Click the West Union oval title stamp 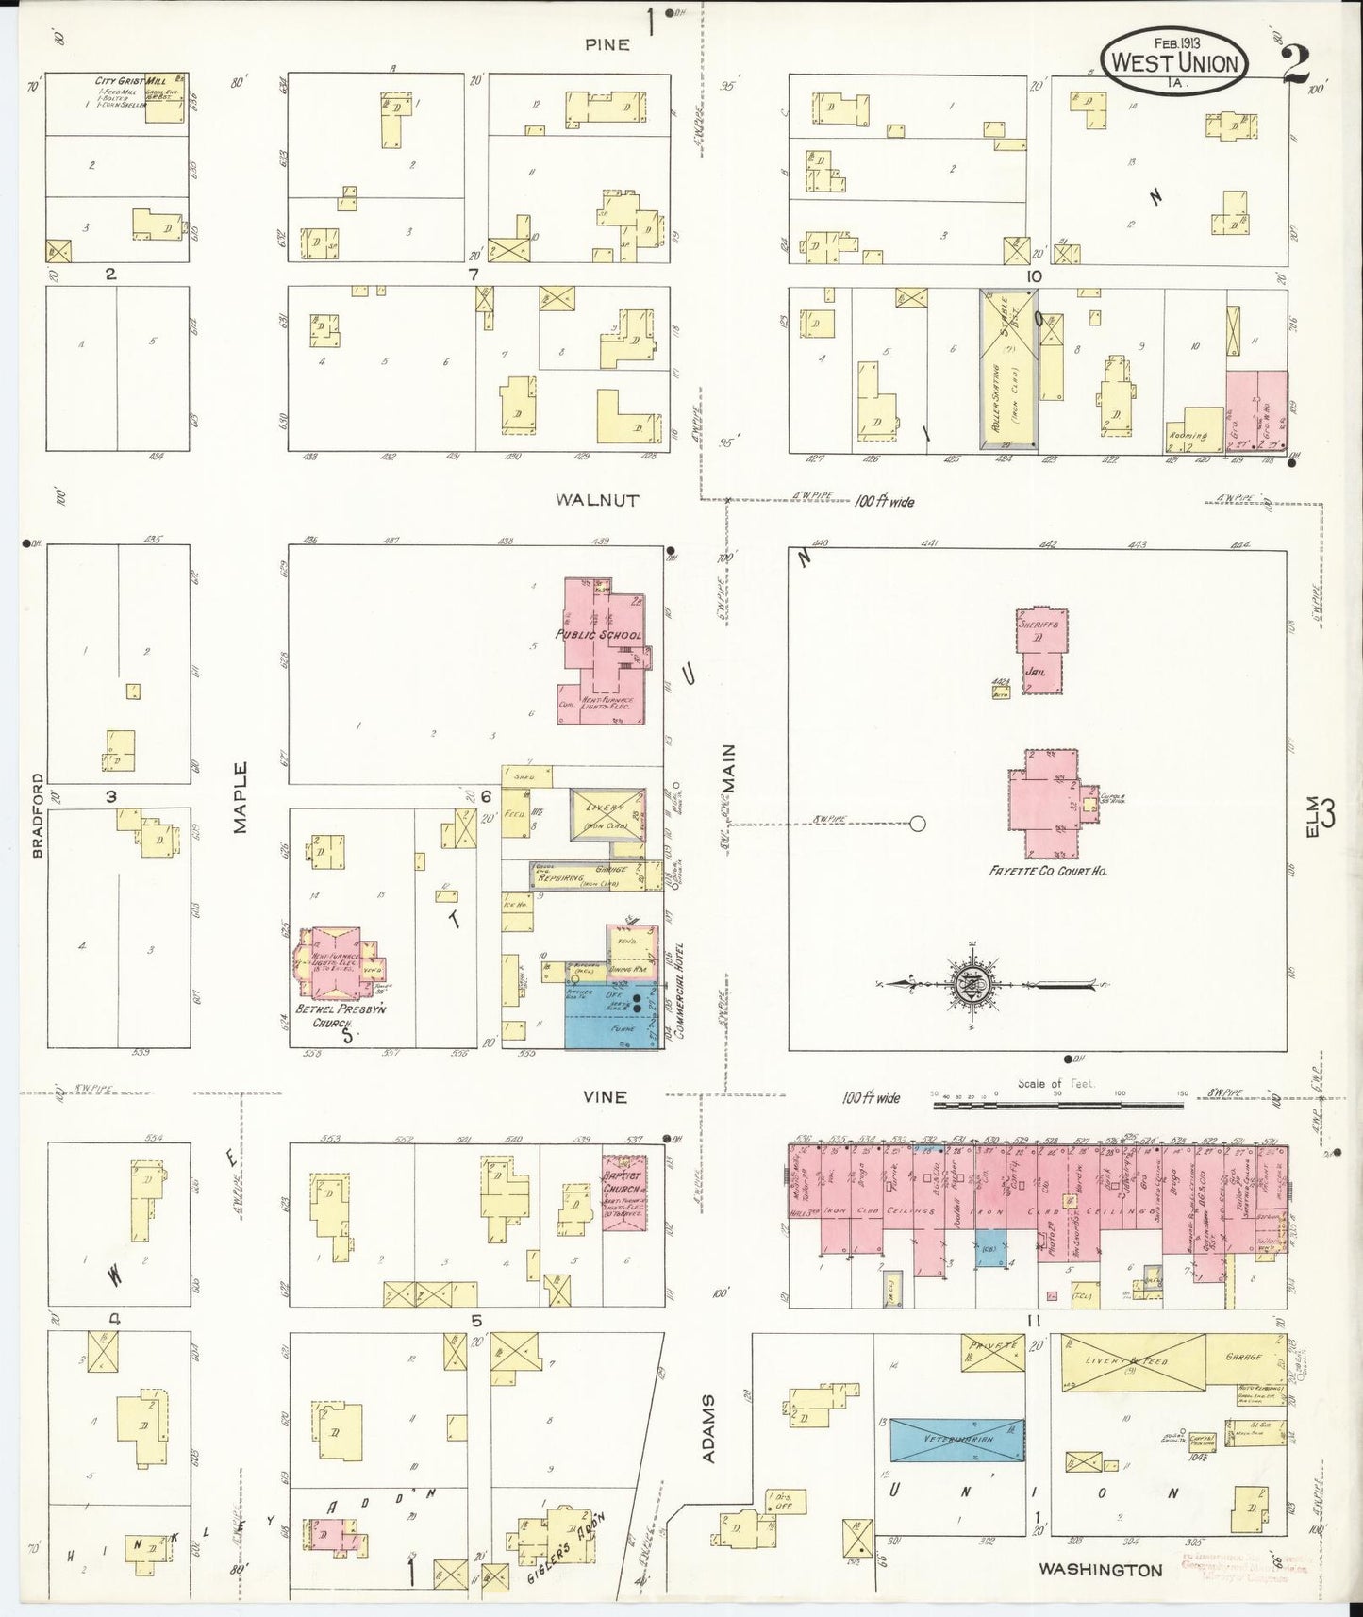(x=1174, y=60)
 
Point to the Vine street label (x=605, y=1096)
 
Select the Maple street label (x=240, y=797)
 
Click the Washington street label (x=1100, y=1570)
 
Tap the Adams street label (x=708, y=1428)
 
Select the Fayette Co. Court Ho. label (x=1047, y=871)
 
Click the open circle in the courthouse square (x=916, y=824)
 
